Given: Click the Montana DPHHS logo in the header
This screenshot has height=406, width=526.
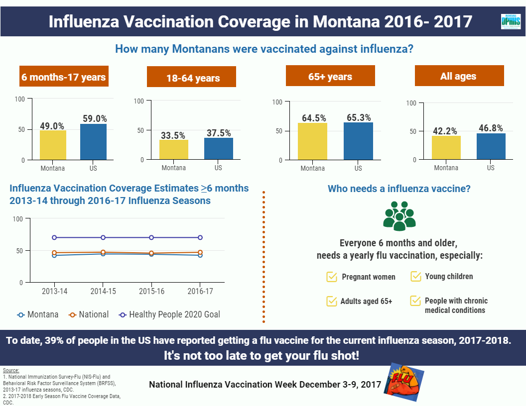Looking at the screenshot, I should point(511,22).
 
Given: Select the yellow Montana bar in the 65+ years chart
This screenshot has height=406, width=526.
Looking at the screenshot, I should point(312,141).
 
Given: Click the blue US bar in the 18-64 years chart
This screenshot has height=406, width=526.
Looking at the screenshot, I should point(218,148).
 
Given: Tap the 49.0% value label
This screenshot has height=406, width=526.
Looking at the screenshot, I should point(52,126).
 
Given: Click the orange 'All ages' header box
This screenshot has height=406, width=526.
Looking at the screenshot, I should point(459,77).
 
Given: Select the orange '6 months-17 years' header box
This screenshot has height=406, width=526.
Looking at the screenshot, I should point(63,77).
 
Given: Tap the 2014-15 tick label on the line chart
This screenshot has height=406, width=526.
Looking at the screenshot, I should point(103,291).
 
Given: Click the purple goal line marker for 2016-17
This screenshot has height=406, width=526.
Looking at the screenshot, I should point(200,237).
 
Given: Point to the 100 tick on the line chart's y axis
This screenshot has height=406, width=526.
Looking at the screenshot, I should point(17,218).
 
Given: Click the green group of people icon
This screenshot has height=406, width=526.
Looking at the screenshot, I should point(399,216).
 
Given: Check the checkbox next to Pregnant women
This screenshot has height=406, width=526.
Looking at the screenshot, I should point(332,277).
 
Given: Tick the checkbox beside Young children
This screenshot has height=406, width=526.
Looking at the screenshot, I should point(415,276).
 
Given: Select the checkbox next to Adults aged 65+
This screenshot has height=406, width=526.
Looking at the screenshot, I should point(332,301).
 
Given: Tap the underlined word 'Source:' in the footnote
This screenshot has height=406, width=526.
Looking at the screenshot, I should point(11,370).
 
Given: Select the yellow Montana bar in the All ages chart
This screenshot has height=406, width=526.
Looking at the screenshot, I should point(446,147).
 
